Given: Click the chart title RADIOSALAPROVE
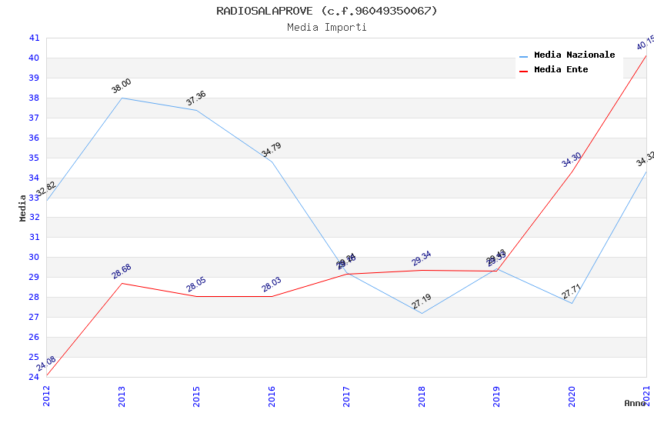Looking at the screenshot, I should click(x=326, y=11).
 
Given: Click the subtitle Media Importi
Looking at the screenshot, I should click(x=326, y=28).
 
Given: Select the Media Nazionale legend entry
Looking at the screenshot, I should click(x=574, y=55).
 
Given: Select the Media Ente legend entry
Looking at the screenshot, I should click(x=560, y=70).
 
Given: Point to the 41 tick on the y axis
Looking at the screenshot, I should click(x=34, y=38).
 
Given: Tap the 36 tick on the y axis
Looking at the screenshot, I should click(x=34, y=138).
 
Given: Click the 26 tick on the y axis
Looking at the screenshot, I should click(x=34, y=337).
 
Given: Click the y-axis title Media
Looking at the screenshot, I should click(x=23, y=208).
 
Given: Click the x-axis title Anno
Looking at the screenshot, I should click(x=635, y=403).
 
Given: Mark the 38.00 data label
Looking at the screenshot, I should click(x=121, y=86).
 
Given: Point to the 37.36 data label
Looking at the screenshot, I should click(x=195, y=98).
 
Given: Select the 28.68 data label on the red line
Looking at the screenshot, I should click(x=121, y=271).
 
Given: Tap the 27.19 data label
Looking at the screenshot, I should click(x=421, y=301).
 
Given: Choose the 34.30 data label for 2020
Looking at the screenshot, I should click(x=571, y=160).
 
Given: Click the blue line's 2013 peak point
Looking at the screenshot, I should click(x=122, y=98).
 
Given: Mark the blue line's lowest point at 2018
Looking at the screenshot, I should click(x=422, y=313).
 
